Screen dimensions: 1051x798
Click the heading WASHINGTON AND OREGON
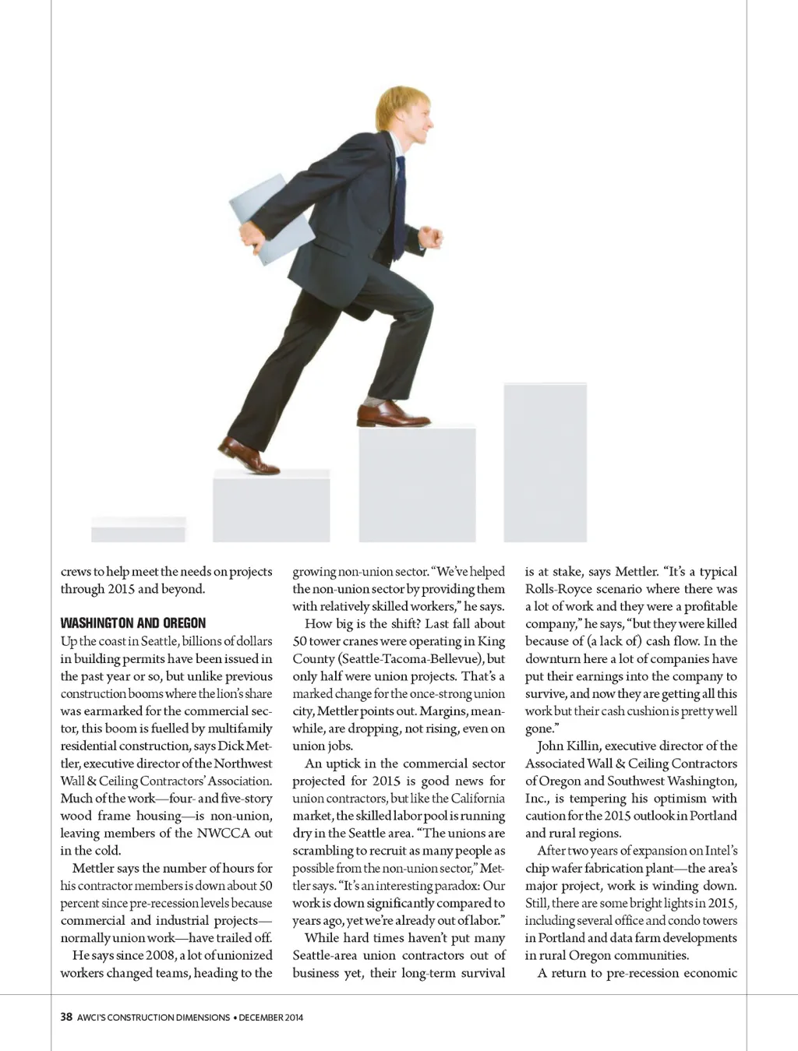(x=133, y=623)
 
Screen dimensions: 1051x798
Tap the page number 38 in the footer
(x=66, y=1017)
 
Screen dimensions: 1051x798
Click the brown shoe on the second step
(x=247, y=456)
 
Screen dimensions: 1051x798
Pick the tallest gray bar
(x=545, y=462)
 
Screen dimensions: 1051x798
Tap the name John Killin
(x=567, y=746)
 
